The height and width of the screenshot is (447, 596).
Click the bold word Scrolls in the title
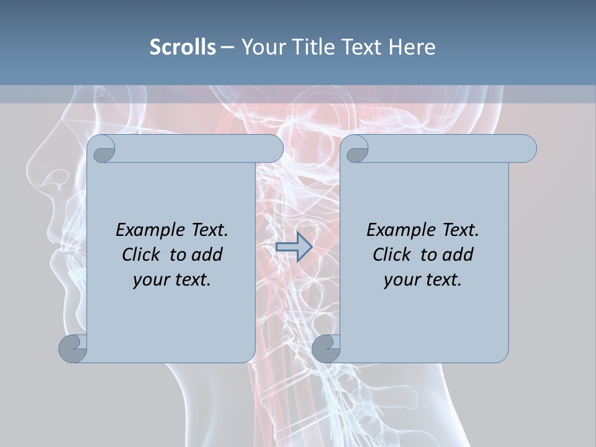[183, 47]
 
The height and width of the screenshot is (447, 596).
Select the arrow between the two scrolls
[294, 247]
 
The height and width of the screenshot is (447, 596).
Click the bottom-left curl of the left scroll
[73, 348]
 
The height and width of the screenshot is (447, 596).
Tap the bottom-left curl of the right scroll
[326, 348]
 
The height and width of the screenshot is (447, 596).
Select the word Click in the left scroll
[142, 255]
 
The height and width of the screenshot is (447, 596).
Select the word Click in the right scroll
[393, 255]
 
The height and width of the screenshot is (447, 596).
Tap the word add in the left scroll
[208, 255]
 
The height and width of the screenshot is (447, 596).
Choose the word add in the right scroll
[459, 255]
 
